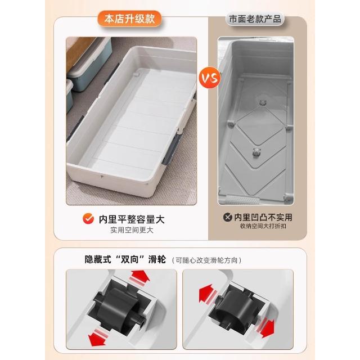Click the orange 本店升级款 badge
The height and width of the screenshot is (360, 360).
(130, 19)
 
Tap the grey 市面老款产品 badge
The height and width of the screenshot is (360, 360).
(255, 19)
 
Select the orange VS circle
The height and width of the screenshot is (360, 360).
(210, 78)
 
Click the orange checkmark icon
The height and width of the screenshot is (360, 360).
(88, 218)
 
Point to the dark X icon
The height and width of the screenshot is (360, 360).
(227, 217)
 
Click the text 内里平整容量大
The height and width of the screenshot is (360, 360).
(132, 219)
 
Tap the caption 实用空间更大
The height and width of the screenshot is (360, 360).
(132, 230)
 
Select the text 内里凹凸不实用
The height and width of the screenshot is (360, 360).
(263, 217)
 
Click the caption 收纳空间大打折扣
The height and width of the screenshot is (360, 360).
(263, 226)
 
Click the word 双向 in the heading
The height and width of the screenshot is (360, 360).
(130, 260)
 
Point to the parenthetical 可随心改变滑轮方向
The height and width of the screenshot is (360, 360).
(206, 260)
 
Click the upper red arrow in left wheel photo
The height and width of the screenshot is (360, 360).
(139, 278)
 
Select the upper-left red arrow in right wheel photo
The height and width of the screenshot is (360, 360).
(208, 294)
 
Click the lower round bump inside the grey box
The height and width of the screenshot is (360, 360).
(256, 152)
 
